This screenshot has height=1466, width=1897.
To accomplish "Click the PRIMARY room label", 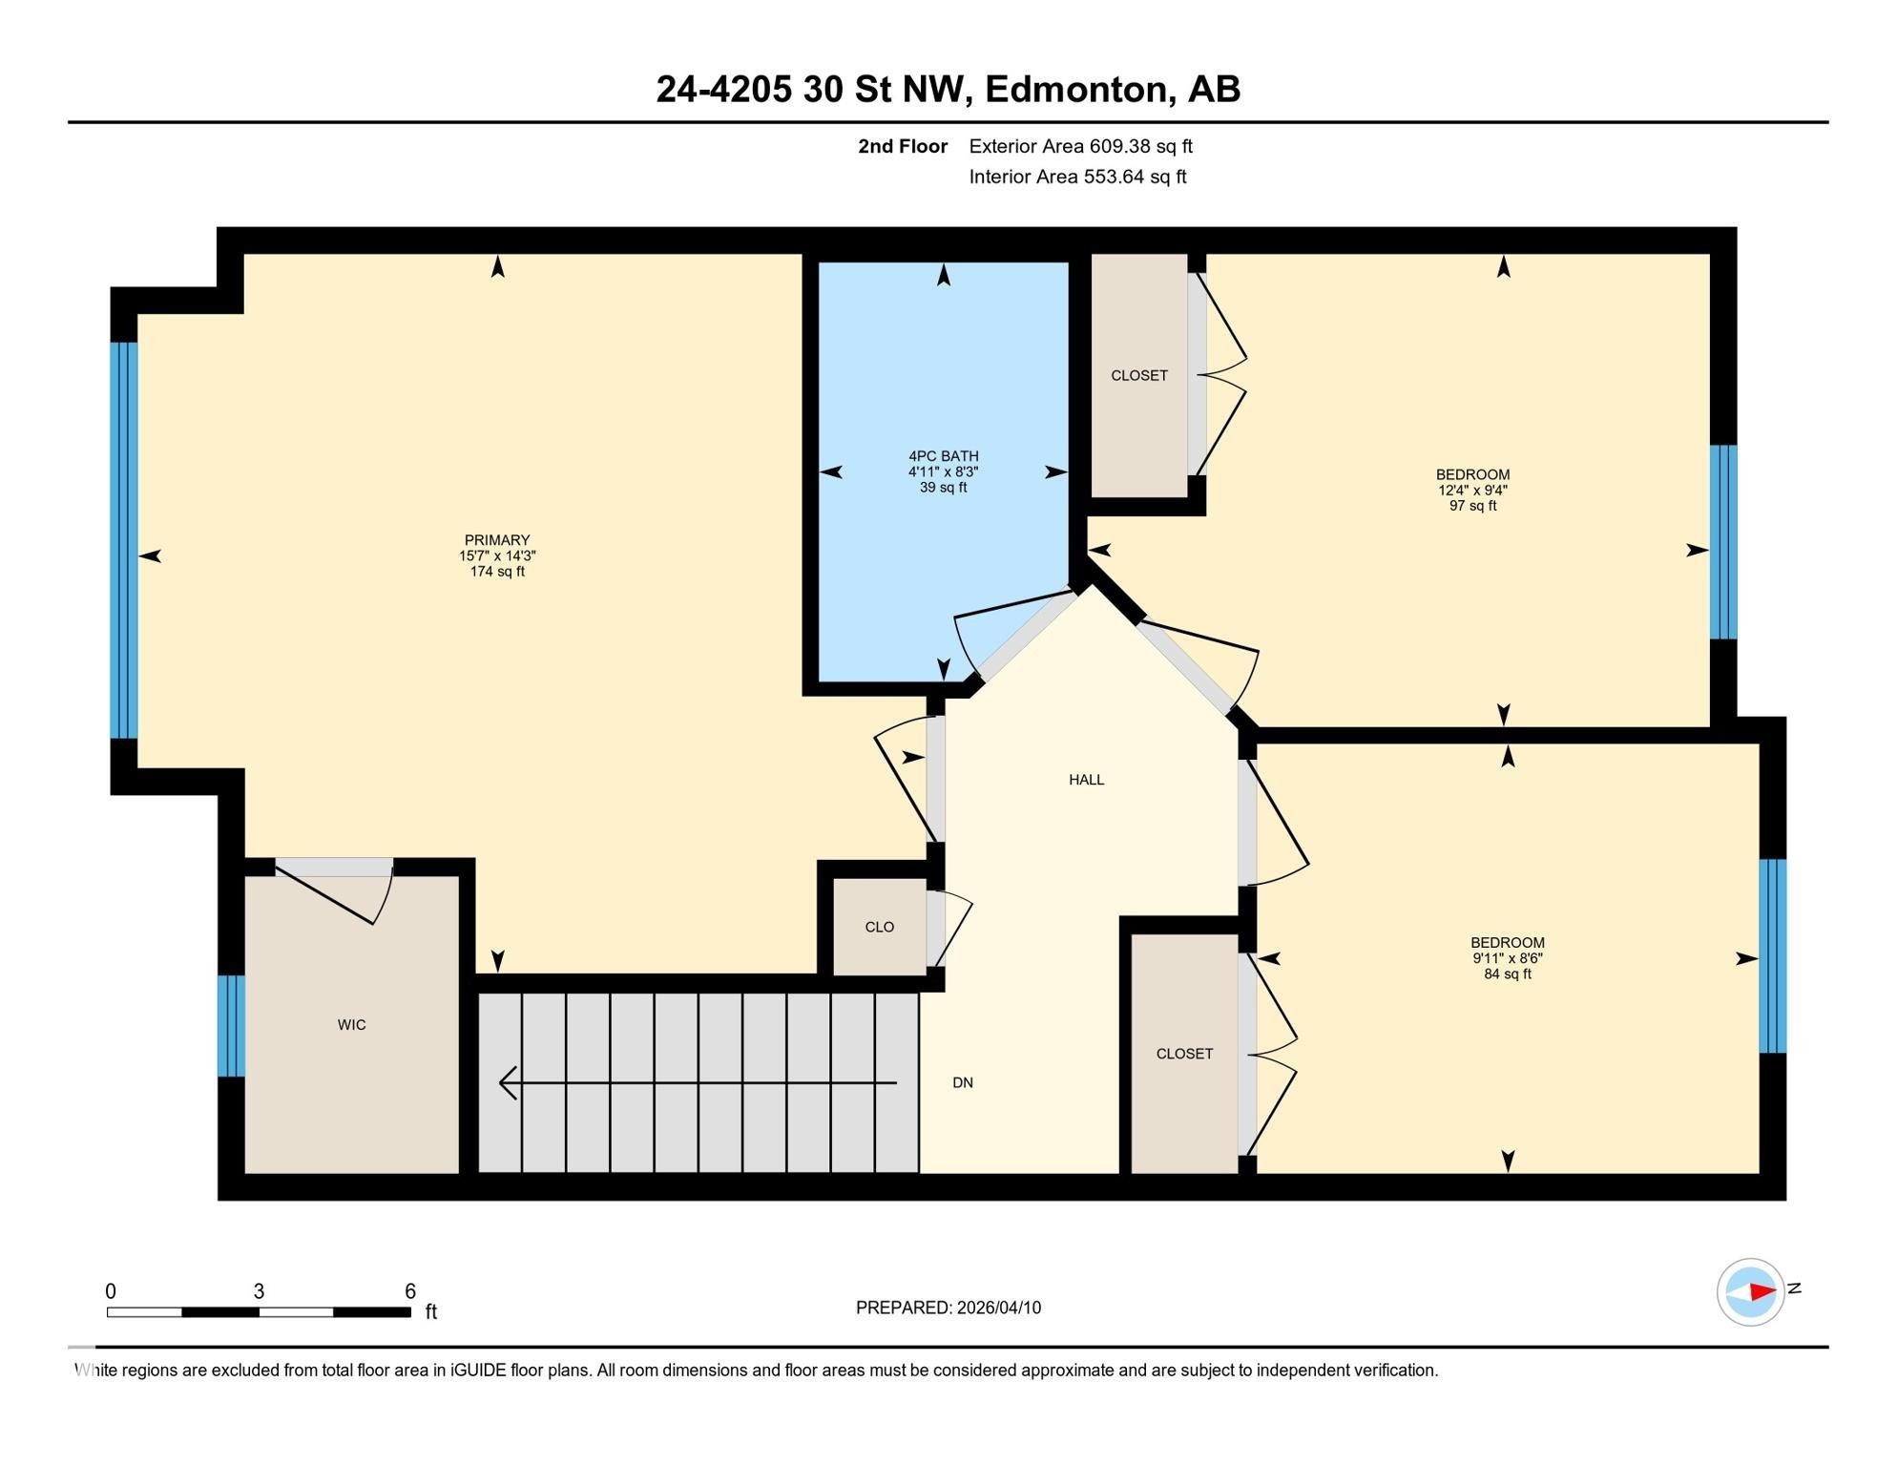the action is [496, 540].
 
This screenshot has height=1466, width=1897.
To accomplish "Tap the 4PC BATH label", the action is [943, 456].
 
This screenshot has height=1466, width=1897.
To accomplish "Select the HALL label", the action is [1086, 780].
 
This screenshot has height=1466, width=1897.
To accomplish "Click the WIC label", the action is [351, 1025].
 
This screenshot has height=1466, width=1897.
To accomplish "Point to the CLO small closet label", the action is [879, 927].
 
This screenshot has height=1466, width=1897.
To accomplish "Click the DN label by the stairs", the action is [963, 1082].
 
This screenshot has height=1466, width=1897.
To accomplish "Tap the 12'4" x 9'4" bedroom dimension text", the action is [1472, 491].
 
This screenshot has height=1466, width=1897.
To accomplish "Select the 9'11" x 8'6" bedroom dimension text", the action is [1508, 958].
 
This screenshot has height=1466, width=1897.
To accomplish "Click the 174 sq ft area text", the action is [497, 572].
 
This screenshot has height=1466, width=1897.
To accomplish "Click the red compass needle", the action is [1761, 1292].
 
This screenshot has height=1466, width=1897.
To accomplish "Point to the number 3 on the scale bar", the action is [259, 1291].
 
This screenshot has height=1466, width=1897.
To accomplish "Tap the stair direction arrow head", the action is [509, 1083].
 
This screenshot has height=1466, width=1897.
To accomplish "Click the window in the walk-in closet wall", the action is [231, 1026].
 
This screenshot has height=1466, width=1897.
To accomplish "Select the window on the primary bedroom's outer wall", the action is [124, 540].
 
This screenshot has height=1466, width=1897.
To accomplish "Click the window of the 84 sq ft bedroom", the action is [1773, 956].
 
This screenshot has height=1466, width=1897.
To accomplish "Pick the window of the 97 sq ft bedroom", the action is [1723, 542].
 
